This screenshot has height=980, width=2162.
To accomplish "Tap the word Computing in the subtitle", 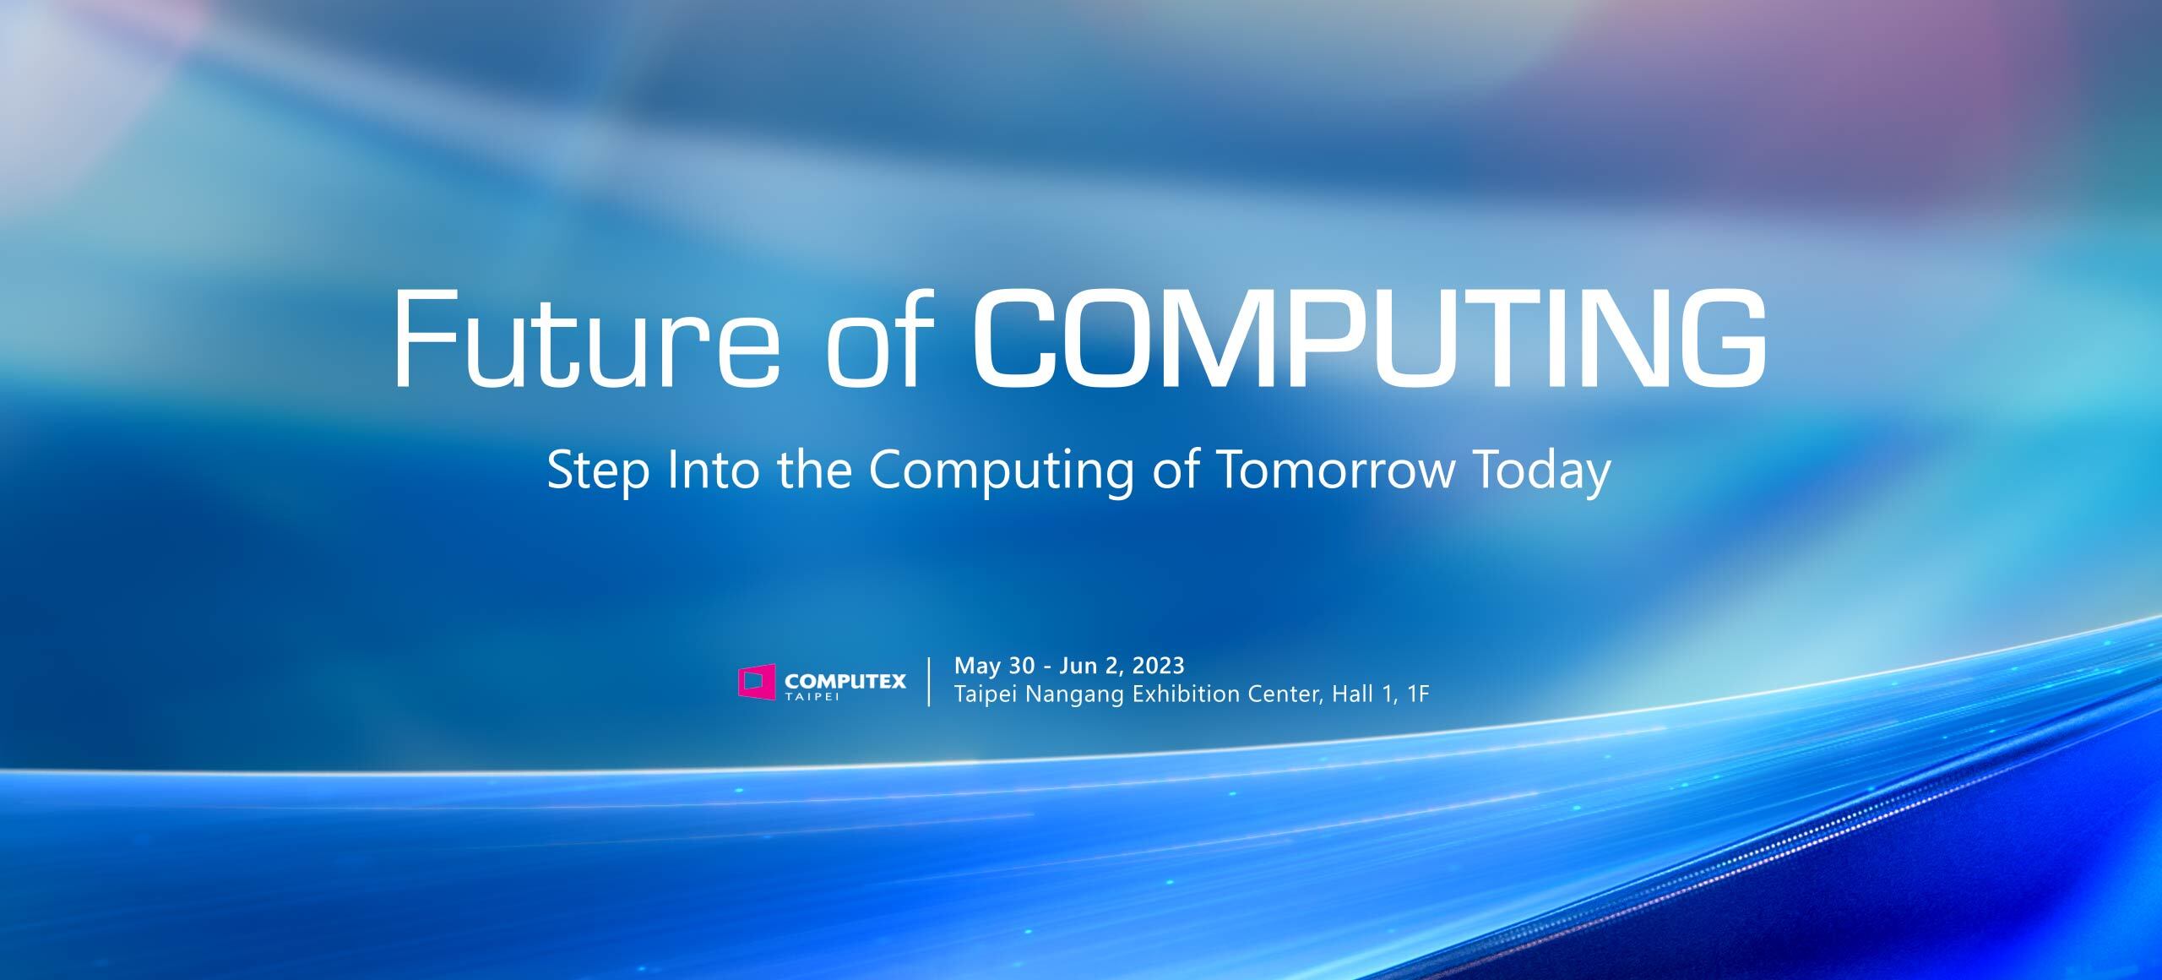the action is [1001, 471].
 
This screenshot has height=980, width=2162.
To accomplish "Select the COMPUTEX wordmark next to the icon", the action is [845, 679].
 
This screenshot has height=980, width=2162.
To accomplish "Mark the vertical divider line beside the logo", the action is [930, 681].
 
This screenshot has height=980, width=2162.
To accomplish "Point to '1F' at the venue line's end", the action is [1418, 694].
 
